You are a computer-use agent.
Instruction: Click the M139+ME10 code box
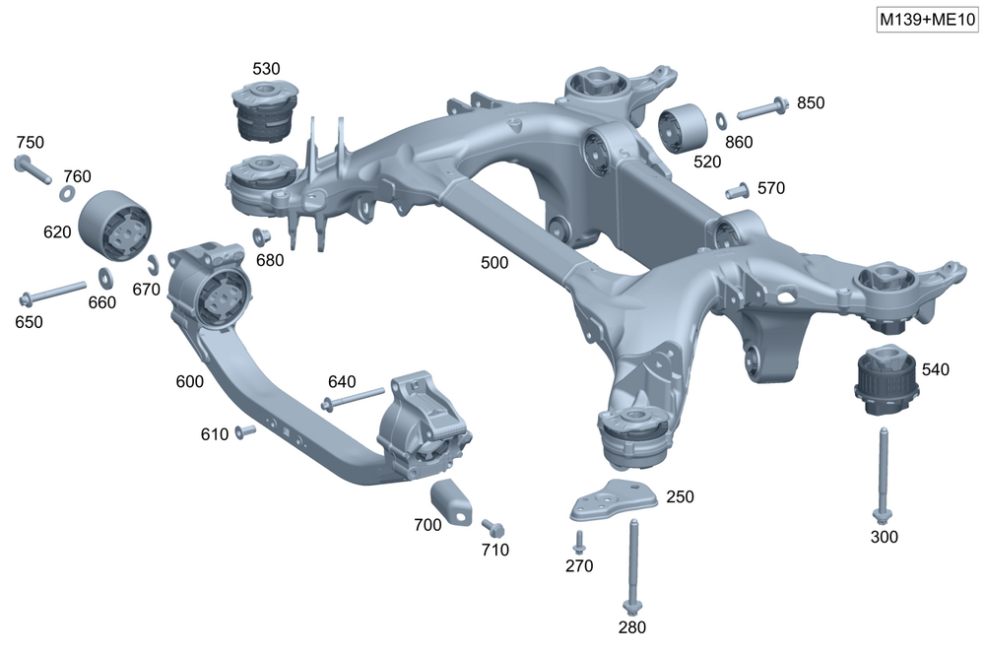pyautogui.click(x=927, y=20)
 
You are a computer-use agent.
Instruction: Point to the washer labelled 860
pyautogui.click(x=722, y=119)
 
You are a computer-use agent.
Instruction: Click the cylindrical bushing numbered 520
pyautogui.click(x=683, y=128)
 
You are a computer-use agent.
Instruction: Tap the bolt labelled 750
pyautogui.click(x=33, y=169)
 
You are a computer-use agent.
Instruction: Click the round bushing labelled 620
pyautogui.click(x=115, y=225)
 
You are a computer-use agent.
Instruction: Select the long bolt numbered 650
pyautogui.click(x=53, y=293)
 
